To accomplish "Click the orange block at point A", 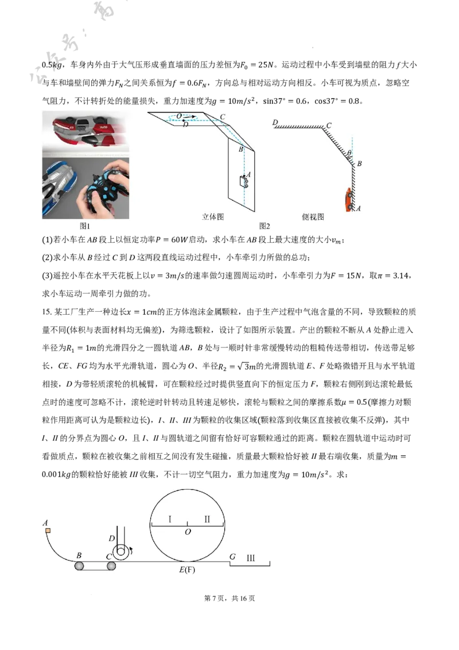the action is click(48, 530).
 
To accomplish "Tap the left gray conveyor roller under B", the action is click(79, 566).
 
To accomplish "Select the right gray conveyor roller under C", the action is click(111, 566).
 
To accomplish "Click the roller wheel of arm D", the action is click(121, 551).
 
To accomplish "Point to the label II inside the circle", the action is click(207, 519).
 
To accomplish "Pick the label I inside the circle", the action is click(170, 519).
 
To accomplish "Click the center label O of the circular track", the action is click(188, 532).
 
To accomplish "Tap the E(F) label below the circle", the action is click(187, 570).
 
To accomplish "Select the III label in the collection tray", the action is click(251, 558).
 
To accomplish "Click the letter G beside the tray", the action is click(232, 556).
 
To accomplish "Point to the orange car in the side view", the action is click(348, 199).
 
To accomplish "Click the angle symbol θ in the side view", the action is click(349, 153).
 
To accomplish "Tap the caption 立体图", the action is click(213, 217).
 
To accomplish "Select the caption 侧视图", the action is click(313, 217).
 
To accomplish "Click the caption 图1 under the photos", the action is click(84, 226).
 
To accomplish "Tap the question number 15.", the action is click(46, 312).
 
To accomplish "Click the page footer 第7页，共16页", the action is click(229, 598).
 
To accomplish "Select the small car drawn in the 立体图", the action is click(243, 181).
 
